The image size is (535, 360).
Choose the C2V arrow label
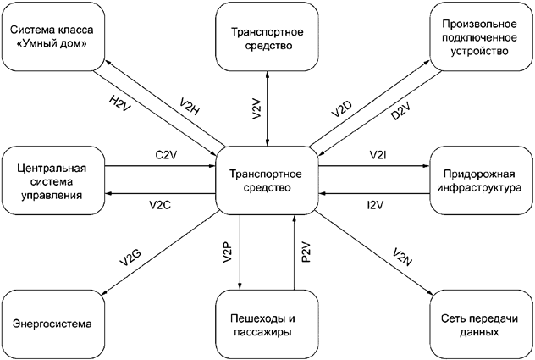coord(166,156)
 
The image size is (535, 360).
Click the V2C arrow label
coord(159,204)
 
